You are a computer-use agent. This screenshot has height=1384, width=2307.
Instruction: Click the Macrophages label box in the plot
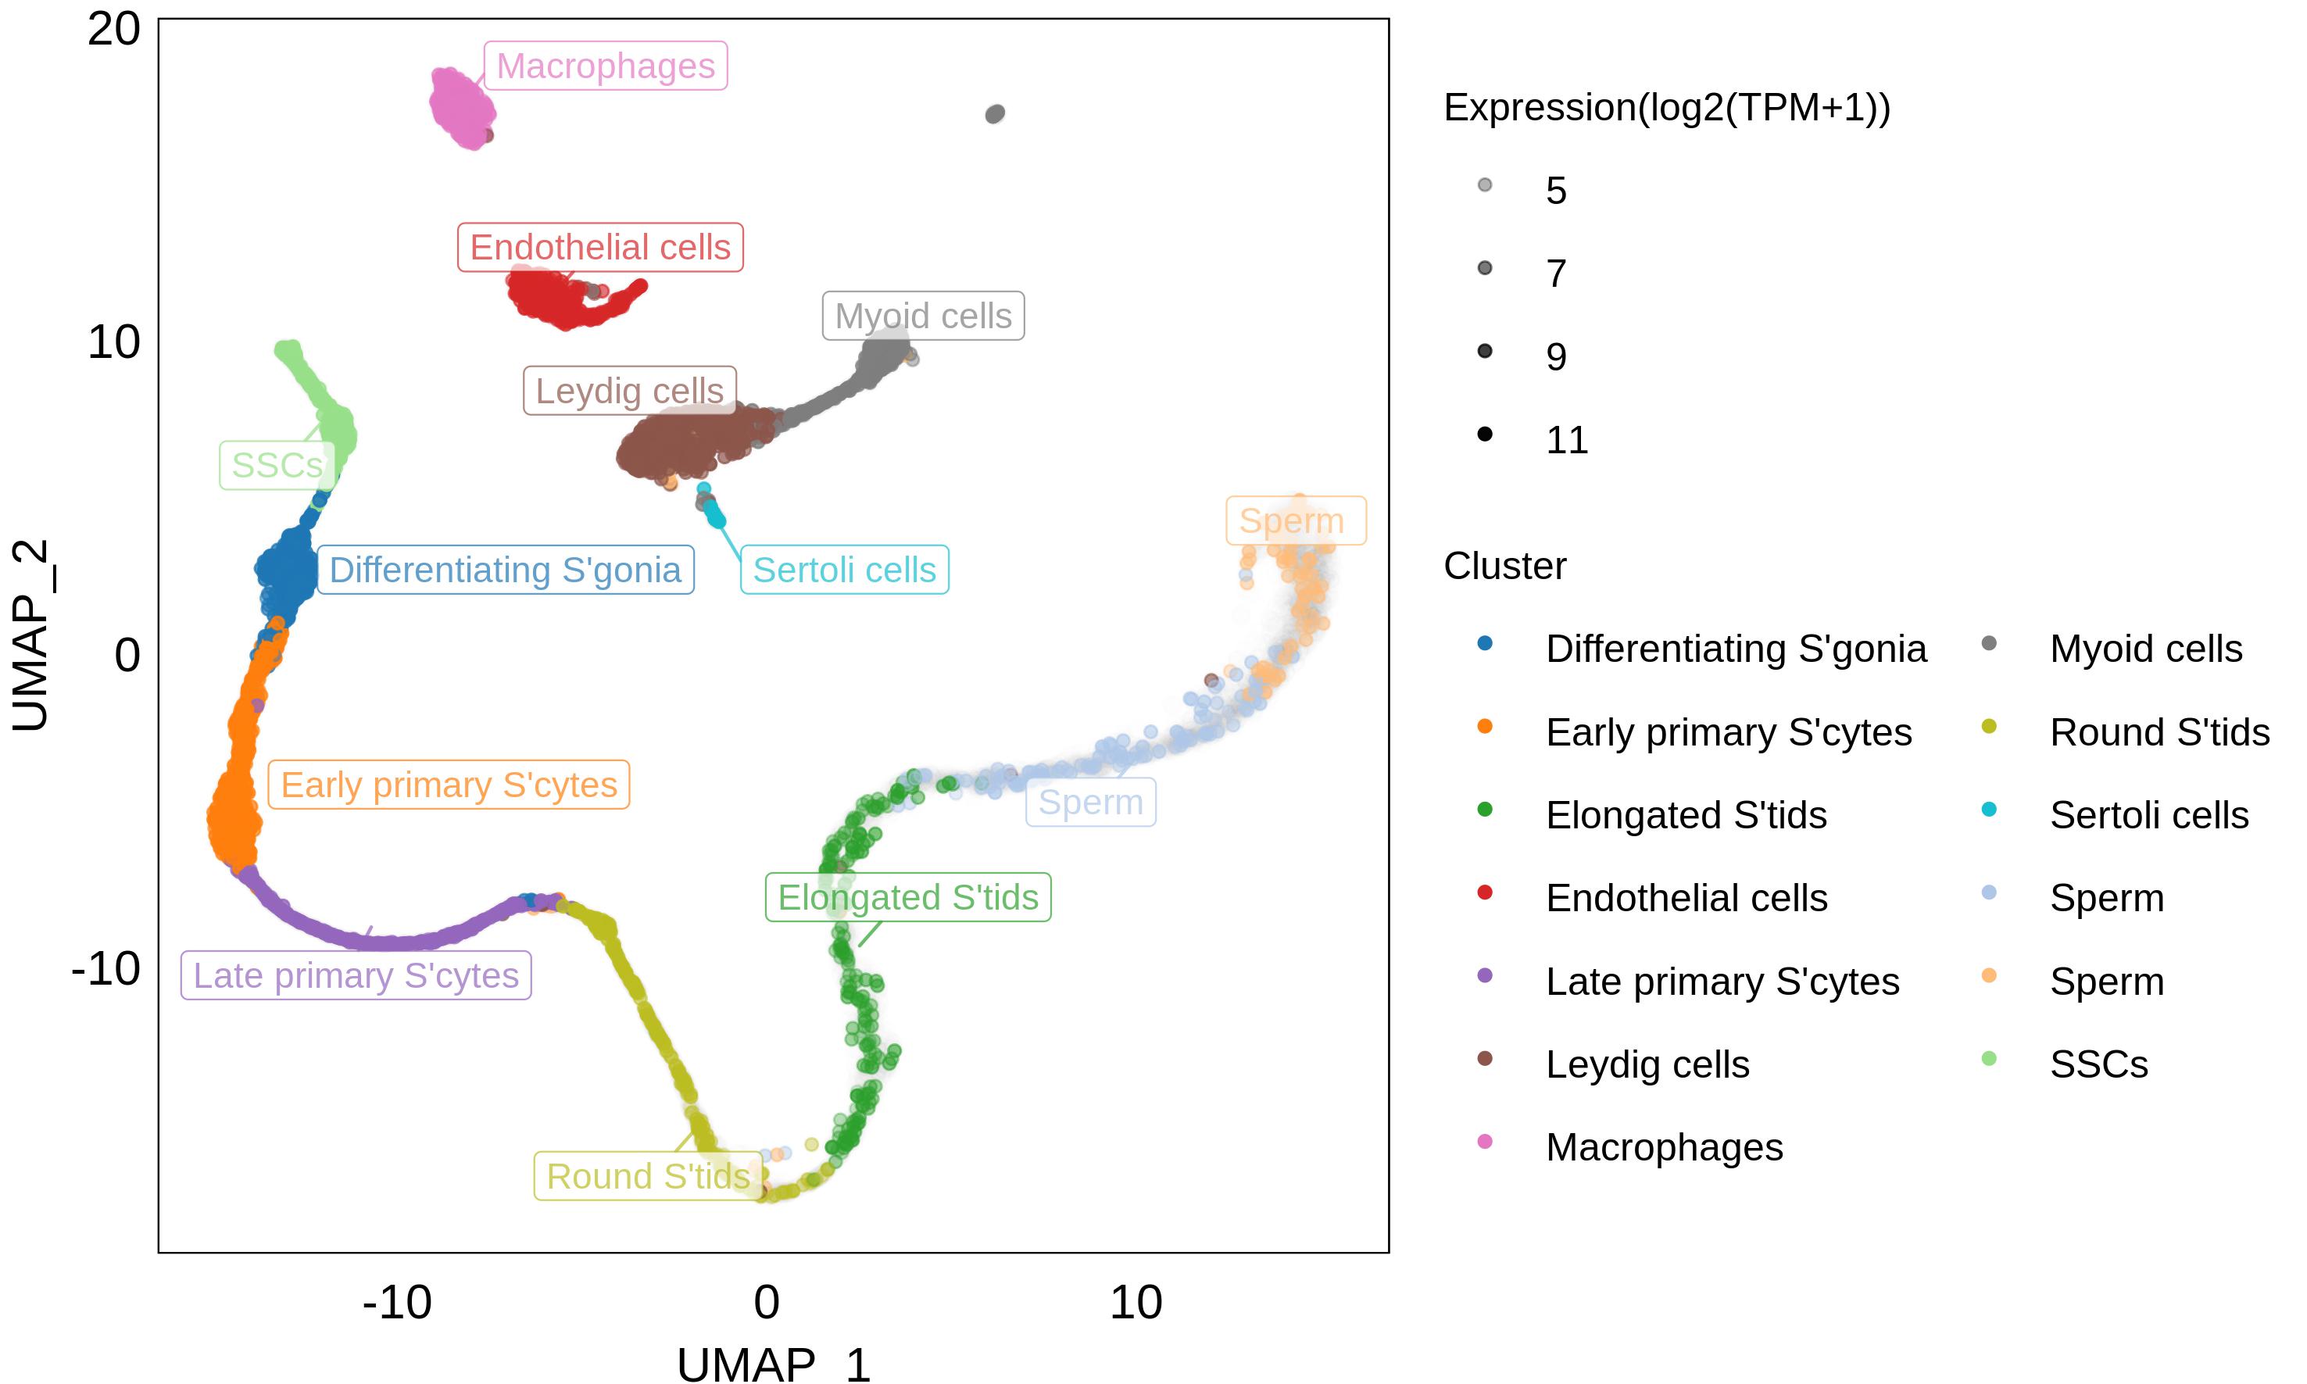605,66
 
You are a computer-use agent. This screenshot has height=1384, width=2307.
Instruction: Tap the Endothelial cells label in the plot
599,247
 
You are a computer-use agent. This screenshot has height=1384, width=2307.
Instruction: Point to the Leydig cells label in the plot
629,391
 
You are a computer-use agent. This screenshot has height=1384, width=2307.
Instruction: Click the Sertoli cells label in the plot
844,570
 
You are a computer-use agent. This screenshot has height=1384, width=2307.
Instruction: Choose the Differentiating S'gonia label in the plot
505,570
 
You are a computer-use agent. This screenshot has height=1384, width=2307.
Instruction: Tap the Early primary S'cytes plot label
449,785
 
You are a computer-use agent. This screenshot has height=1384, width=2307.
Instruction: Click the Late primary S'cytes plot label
356,975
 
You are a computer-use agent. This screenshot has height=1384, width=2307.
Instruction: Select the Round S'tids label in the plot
648,1177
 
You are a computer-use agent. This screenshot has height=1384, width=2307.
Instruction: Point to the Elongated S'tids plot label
907,897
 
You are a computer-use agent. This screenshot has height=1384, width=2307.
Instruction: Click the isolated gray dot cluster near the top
995,114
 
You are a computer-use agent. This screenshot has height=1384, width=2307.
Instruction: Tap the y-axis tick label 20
114,30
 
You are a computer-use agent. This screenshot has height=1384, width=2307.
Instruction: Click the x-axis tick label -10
397,1302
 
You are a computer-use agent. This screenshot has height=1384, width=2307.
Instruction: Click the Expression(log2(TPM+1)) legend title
1666,108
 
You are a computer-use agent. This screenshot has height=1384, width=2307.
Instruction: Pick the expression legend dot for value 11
1485,434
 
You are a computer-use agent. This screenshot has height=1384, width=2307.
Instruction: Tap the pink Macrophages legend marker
1485,1142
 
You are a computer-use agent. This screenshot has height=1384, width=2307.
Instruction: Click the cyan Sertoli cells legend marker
1989,810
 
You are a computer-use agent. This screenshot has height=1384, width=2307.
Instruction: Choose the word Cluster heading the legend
1504,566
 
